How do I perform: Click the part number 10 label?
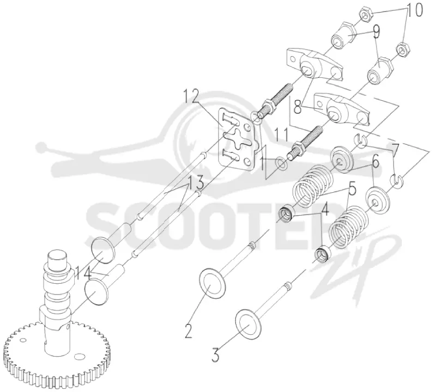click(x=414, y=10)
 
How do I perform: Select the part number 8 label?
click(x=298, y=106)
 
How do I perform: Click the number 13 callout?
click(x=196, y=182)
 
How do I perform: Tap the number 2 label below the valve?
click(x=189, y=330)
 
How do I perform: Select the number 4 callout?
click(x=324, y=210)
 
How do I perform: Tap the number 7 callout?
click(x=396, y=150)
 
